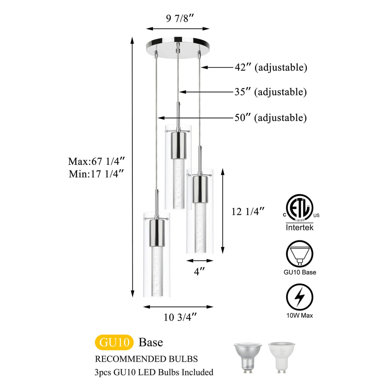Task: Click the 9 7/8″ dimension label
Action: point(179,19)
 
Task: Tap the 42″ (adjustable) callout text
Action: point(271,68)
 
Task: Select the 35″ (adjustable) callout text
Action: point(270,92)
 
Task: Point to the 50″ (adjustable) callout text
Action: point(270,118)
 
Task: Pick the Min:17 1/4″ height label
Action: point(96,174)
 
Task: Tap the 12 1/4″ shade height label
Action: point(248,212)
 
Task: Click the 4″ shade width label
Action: point(199,271)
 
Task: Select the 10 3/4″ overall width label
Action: point(180,317)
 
